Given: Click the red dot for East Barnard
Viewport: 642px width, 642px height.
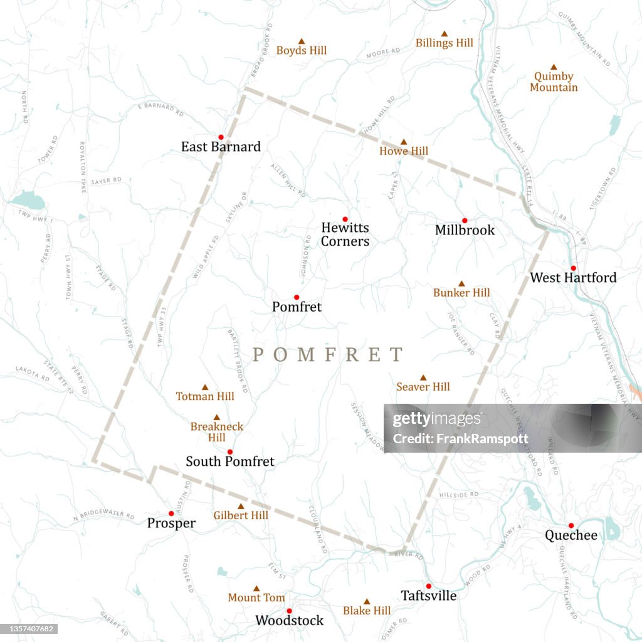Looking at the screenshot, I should pyautogui.click(x=221, y=137).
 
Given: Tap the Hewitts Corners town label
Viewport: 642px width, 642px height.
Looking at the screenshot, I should pyautogui.click(x=345, y=234).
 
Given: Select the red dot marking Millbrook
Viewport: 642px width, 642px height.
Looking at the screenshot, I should pyautogui.click(x=465, y=220).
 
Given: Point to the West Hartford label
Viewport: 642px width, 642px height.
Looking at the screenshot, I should pyautogui.click(x=573, y=277).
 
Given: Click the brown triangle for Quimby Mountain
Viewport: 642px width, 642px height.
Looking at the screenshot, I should pyautogui.click(x=554, y=67).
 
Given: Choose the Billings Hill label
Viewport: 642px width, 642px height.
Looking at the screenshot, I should pyautogui.click(x=445, y=43).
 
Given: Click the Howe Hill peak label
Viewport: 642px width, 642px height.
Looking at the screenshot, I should pyautogui.click(x=404, y=151).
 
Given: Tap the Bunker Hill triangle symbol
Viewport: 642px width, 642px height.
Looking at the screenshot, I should pyautogui.click(x=461, y=283).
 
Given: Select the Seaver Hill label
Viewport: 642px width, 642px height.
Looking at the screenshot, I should pyautogui.click(x=423, y=387).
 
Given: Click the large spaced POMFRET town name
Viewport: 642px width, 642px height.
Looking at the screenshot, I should pyautogui.click(x=328, y=355).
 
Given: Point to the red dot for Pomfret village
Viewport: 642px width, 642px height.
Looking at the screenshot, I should pyautogui.click(x=297, y=297).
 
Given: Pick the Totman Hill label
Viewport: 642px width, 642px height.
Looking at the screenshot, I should pyautogui.click(x=205, y=396).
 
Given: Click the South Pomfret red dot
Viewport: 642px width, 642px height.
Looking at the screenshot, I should pyautogui.click(x=230, y=451).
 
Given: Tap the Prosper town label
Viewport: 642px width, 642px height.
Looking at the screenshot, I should pyautogui.click(x=171, y=523).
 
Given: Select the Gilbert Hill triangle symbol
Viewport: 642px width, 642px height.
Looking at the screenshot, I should pyautogui.click(x=240, y=506).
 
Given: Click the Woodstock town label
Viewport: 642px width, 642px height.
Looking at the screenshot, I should pyautogui.click(x=289, y=620).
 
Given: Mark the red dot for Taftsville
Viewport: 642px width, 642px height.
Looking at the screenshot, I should pyautogui.click(x=429, y=586).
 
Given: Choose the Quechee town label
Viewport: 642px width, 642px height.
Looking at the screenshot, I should pyautogui.click(x=571, y=535).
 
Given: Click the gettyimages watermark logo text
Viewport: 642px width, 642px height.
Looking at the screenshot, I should pyautogui.click(x=436, y=419).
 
